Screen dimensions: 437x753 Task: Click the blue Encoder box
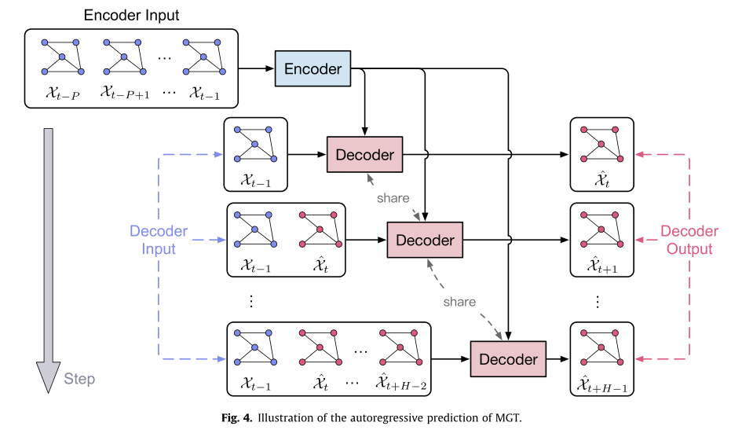[x=313, y=69]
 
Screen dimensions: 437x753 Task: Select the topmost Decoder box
[x=364, y=154]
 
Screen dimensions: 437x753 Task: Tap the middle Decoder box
[x=425, y=240]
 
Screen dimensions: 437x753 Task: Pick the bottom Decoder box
[x=508, y=359]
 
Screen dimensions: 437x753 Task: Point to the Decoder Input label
[x=159, y=240]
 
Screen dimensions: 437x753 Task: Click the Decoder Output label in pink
[x=689, y=240]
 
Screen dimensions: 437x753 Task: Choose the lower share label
[x=459, y=301]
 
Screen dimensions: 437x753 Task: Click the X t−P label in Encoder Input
[x=64, y=94]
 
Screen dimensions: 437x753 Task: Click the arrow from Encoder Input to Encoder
[x=257, y=69]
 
